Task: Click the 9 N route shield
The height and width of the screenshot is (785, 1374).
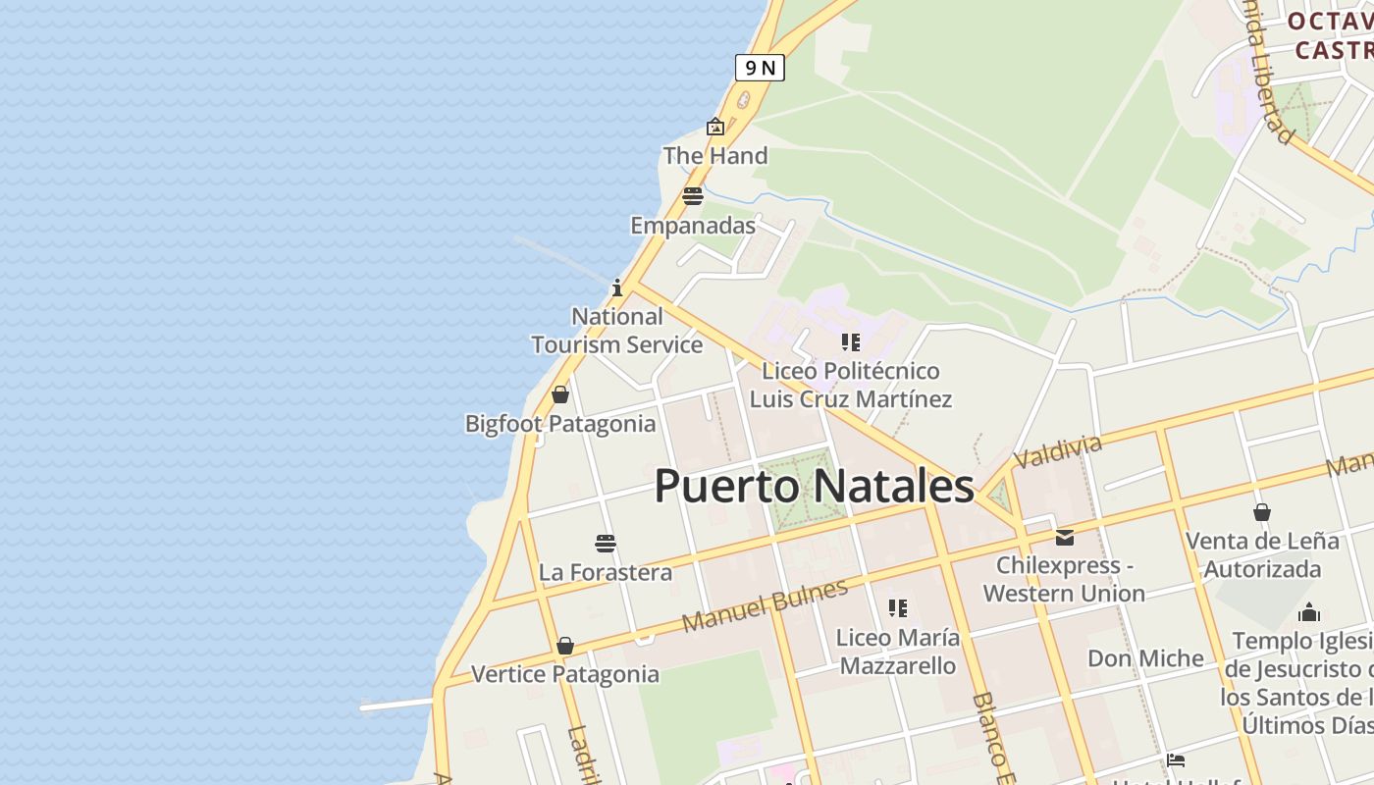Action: point(760,68)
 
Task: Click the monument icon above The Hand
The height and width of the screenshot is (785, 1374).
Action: point(715,127)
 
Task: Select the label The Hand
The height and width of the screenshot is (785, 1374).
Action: point(715,156)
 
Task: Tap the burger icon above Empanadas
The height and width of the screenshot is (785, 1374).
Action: point(693,196)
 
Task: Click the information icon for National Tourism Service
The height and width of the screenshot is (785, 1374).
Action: point(617,288)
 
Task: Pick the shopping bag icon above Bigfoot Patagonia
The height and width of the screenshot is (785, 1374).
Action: point(560,394)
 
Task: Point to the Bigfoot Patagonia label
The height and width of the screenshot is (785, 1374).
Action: point(560,424)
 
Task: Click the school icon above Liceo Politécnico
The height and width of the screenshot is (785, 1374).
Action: point(851,342)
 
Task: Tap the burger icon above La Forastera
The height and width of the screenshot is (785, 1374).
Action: point(606,544)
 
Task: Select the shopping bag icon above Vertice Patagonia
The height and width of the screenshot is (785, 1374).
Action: point(565,646)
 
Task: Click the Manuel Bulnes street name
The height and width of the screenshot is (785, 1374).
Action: point(765,606)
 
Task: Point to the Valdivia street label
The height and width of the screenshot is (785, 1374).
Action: point(1058,451)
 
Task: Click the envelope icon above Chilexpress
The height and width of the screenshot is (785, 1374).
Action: point(1065,537)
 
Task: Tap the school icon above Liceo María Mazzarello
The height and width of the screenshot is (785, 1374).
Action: point(897,608)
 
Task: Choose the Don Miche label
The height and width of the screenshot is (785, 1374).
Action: point(1145,658)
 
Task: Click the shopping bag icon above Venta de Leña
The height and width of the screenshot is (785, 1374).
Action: point(1262,512)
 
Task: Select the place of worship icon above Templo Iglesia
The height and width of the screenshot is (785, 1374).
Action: point(1309,613)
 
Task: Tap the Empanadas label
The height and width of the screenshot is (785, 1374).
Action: point(693,226)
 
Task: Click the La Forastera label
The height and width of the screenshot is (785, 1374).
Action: point(606,573)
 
